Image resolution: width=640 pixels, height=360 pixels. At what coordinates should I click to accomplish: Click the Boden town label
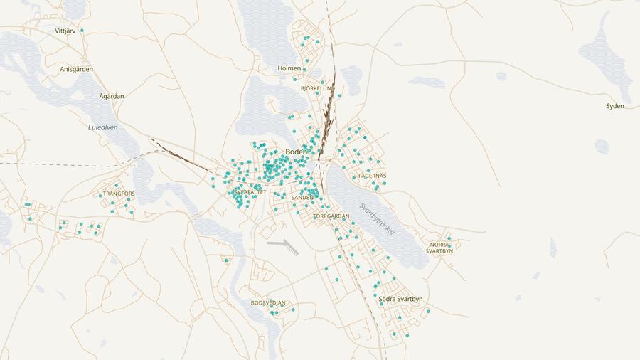(x=296, y=152)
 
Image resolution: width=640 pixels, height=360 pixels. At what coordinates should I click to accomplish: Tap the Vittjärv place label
(x=66, y=31)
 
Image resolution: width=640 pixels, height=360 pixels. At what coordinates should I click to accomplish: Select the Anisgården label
(x=77, y=70)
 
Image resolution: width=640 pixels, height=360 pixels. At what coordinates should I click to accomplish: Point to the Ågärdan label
(x=112, y=96)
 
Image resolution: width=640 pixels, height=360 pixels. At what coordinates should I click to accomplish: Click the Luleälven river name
(x=102, y=127)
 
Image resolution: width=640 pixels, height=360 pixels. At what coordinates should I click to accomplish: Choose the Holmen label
(x=289, y=68)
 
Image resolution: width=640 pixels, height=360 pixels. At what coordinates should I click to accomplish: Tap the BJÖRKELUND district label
(x=317, y=89)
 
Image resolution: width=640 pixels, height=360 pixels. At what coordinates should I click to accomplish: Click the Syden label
(x=615, y=106)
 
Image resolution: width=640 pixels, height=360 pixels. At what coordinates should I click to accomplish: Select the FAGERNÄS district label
(x=373, y=176)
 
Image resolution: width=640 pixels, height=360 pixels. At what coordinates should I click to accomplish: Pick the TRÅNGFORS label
(x=119, y=194)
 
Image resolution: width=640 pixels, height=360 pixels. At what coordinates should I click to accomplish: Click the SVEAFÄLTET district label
(x=250, y=192)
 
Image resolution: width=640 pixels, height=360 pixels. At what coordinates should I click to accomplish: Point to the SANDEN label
(x=302, y=198)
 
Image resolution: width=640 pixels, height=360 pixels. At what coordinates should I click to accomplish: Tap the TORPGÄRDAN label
(x=331, y=216)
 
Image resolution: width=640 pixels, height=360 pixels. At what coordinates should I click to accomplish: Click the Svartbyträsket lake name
(x=376, y=220)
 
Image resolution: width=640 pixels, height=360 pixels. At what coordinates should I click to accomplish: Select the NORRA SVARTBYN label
(x=439, y=248)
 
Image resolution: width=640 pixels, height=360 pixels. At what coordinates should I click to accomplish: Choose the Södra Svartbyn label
(x=400, y=300)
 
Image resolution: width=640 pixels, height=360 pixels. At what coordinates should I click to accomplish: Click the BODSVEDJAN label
(x=268, y=303)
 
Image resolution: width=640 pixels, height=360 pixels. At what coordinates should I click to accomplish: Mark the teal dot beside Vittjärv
(x=82, y=31)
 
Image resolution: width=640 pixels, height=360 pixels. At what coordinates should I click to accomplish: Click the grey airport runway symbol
(x=284, y=246)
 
